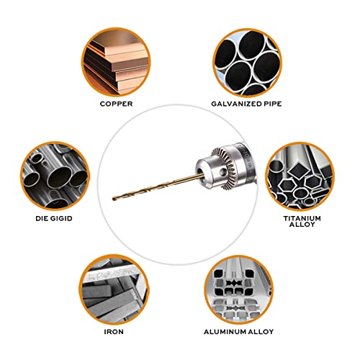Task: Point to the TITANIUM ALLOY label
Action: point(302,221)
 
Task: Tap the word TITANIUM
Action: point(302,217)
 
